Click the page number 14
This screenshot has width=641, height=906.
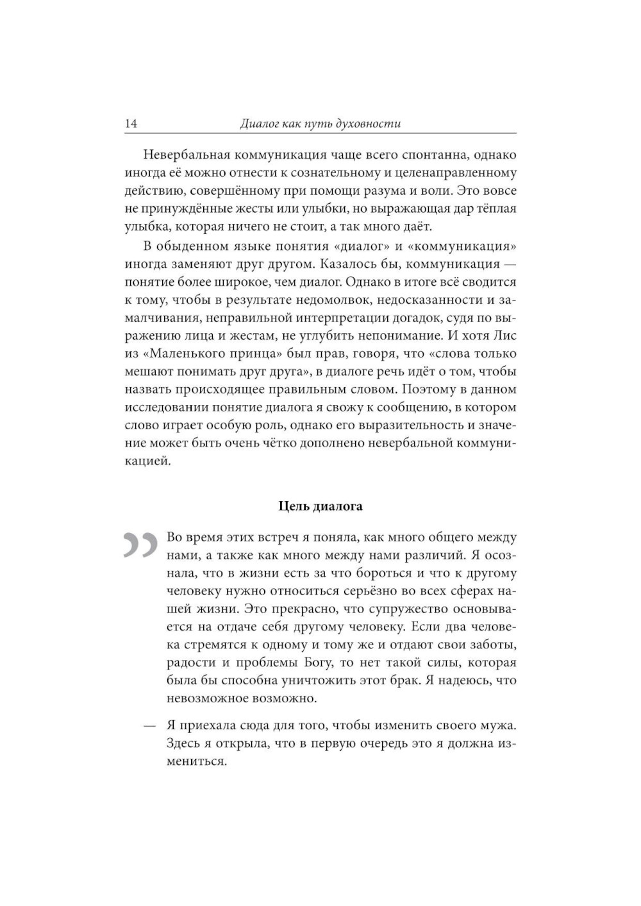click(131, 124)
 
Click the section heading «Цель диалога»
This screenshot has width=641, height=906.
click(320, 506)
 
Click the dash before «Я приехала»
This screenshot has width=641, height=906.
click(149, 727)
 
